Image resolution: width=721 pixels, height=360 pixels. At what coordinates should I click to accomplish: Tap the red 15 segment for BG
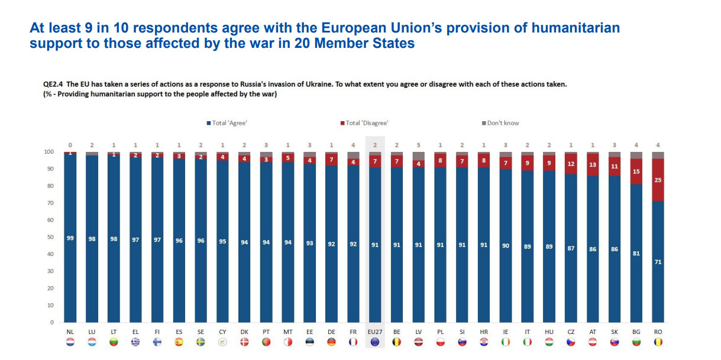click(636, 171)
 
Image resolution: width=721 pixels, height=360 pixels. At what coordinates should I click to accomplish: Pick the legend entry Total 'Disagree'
click(366, 123)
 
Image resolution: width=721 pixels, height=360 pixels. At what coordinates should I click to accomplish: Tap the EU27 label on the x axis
click(375, 332)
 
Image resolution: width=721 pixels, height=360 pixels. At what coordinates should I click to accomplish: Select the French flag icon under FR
click(353, 342)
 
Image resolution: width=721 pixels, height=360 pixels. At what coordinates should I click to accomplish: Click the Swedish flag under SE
click(201, 342)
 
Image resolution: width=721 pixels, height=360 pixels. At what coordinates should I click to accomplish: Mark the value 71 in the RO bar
click(658, 262)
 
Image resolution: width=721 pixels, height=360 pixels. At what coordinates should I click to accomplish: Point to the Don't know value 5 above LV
click(419, 145)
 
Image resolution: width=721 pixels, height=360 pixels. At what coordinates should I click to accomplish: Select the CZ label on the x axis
click(571, 332)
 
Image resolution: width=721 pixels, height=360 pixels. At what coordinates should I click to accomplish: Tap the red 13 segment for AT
click(593, 165)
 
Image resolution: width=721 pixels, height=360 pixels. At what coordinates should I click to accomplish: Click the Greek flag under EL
click(135, 342)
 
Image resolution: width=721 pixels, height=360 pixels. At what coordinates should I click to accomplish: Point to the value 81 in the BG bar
click(636, 253)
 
